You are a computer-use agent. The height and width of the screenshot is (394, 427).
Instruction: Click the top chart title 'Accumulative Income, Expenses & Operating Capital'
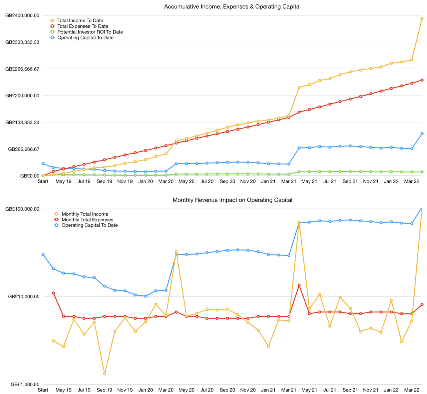pos(232,7)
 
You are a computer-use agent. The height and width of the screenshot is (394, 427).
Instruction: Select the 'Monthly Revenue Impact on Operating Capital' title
pos(232,200)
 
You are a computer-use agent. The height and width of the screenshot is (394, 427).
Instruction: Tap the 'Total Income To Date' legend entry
pos(80,20)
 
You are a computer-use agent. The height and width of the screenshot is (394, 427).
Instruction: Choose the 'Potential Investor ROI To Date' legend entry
pos(90,32)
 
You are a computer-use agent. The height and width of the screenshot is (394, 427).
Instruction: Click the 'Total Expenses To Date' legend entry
pos(83,26)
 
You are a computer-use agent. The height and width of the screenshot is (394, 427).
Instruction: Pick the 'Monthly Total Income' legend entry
pos(85,214)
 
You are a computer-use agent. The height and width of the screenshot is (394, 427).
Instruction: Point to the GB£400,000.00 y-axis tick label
pos(22,16)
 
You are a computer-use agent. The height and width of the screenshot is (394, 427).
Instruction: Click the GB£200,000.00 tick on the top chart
pos(22,96)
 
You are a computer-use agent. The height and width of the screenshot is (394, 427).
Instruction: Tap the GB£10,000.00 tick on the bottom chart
pos(24,296)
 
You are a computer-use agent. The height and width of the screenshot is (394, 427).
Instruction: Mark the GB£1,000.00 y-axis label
pos(25,384)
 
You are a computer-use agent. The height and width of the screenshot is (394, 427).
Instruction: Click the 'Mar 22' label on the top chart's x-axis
pos(411,181)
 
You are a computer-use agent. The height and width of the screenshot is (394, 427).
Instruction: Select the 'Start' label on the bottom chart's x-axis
pos(43,390)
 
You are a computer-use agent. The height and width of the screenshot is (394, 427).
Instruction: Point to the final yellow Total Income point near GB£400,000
pos(422,18)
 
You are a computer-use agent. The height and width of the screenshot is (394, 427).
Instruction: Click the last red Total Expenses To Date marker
pos(422,80)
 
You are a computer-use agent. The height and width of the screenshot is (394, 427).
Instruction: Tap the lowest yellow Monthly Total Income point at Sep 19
pos(104,373)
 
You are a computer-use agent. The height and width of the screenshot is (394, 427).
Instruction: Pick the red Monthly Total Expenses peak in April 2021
pos(299,285)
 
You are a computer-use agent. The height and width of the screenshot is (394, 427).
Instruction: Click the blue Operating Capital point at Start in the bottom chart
pos(43,255)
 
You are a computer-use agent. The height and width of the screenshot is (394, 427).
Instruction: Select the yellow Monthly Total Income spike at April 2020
pos(176,252)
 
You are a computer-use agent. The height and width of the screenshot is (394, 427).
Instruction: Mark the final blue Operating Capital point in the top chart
pos(422,134)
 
